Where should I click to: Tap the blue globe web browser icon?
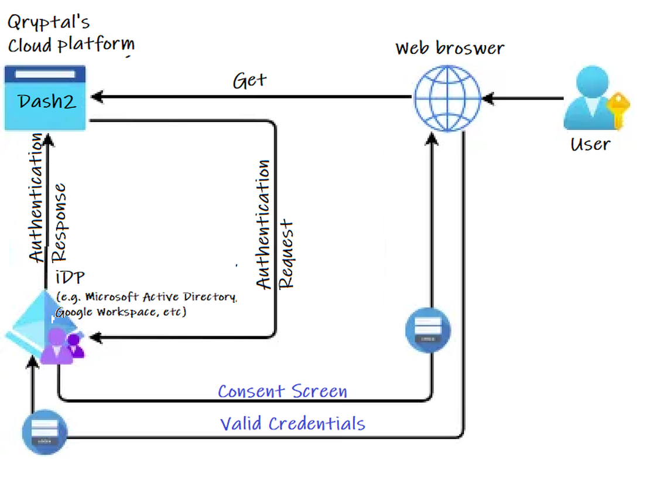click(447, 98)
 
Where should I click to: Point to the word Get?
click(249, 80)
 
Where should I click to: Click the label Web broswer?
click(449, 47)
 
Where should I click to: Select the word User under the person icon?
click(590, 144)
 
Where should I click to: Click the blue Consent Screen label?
click(283, 391)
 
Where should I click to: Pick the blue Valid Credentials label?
click(292, 423)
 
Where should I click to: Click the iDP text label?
click(67, 278)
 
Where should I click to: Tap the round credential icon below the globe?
click(428, 330)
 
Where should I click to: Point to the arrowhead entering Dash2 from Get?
click(95, 98)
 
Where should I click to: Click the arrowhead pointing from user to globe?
click(487, 98)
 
